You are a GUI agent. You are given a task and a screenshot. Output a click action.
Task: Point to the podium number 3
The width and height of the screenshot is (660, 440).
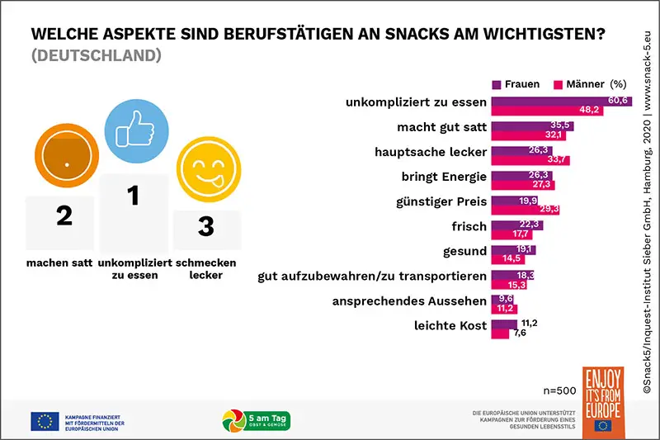tap(206, 225)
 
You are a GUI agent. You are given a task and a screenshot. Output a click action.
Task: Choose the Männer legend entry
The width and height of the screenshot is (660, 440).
tap(577, 83)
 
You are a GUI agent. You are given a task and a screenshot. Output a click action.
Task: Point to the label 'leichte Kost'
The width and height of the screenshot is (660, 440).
tap(450, 325)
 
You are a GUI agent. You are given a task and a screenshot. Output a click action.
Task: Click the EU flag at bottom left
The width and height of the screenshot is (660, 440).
tap(44, 421)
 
